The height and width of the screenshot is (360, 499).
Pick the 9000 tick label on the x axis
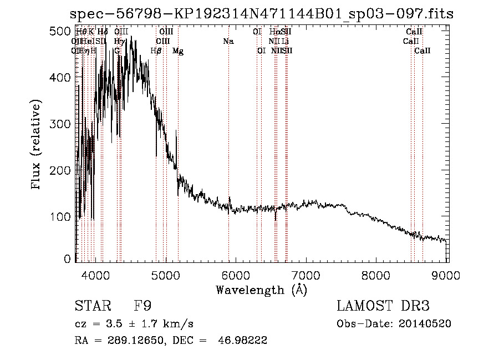[447, 275]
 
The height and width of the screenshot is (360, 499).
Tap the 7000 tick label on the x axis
[307, 275]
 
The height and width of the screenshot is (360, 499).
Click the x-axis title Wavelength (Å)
[261, 290]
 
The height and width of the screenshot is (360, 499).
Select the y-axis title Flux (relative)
[37, 145]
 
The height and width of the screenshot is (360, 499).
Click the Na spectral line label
[228, 41]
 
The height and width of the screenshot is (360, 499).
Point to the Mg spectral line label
[178, 51]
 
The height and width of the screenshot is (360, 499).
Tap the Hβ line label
[156, 51]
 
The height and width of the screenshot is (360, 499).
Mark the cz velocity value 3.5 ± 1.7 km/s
[146, 324]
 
